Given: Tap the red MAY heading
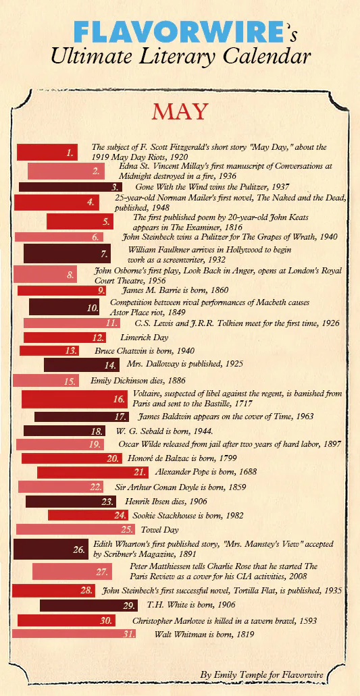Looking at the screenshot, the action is coord(180,111).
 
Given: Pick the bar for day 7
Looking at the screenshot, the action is coord(67,254).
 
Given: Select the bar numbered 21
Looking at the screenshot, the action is coord(93,472).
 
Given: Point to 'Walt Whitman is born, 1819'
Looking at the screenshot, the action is coord(205,634).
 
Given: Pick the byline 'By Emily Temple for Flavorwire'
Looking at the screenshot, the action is coord(261,674).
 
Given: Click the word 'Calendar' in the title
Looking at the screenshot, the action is coord(261,56).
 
